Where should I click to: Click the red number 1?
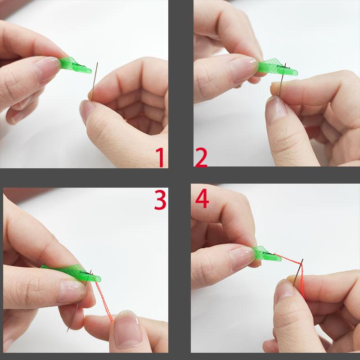tap(159, 157)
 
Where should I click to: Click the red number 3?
tap(160, 200)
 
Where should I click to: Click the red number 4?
tap(202, 198)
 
